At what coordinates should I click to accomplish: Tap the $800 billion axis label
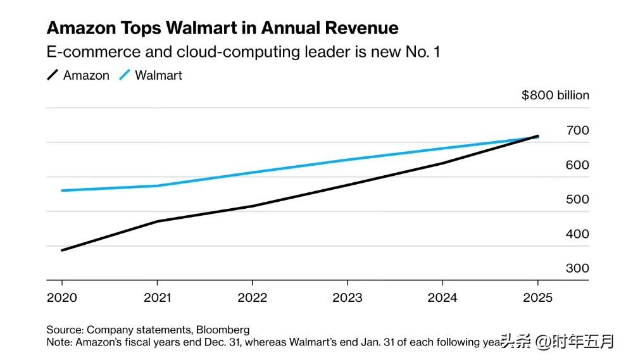pos(555,96)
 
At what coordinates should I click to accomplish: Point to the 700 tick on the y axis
pos(577,130)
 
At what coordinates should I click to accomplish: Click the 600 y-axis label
pos(577,165)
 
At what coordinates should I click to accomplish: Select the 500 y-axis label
pos(577,199)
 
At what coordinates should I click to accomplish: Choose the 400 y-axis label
pos(577,234)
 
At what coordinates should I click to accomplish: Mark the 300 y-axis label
pos(577,268)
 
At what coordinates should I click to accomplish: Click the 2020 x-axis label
pos(61,298)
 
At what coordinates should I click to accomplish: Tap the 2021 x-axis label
pos(157,298)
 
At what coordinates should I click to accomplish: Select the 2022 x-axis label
pos(252,298)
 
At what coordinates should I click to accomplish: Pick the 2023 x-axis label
pos(347,298)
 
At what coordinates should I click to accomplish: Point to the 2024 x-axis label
pos(442,298)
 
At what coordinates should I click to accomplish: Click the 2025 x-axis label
pos(537,298)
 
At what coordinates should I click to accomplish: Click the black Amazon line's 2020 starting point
pos(62,250)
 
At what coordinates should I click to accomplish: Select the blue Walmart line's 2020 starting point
pos(62,190)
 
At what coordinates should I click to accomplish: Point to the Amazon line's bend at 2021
pos(157,221)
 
